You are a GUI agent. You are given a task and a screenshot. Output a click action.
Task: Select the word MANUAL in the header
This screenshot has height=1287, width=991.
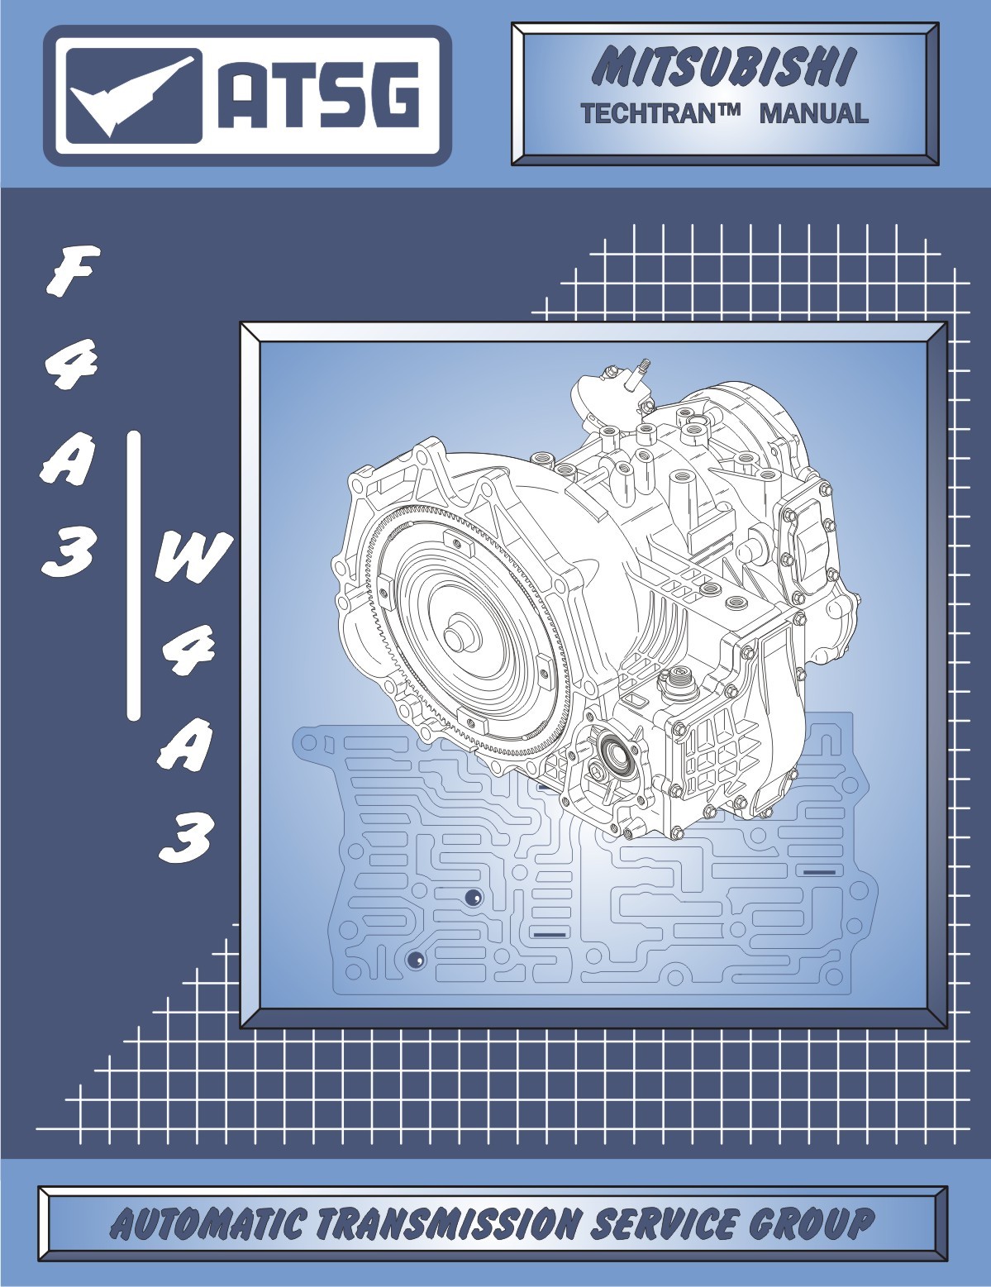813,112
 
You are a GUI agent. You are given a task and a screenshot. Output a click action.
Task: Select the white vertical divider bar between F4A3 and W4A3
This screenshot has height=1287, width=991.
134,575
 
